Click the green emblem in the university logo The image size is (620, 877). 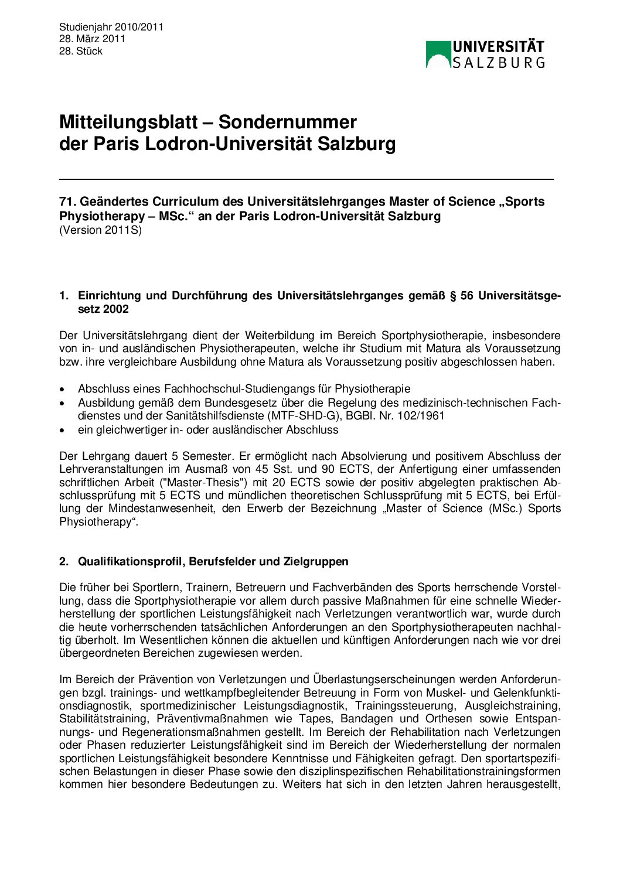click(438, 54)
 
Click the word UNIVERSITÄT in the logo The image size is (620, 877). click(498, 47)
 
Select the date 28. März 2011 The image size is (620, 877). click(93, 39)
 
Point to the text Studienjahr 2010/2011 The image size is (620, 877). click(111, 27)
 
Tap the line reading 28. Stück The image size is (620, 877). click(81, 51)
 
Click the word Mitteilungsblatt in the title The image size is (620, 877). click(128, 122)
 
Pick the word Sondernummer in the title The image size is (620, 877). click(287, 122)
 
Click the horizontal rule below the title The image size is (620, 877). click(306, 179)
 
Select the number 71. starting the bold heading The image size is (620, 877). click(67, 202)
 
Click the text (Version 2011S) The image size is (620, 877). click(100, 230)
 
